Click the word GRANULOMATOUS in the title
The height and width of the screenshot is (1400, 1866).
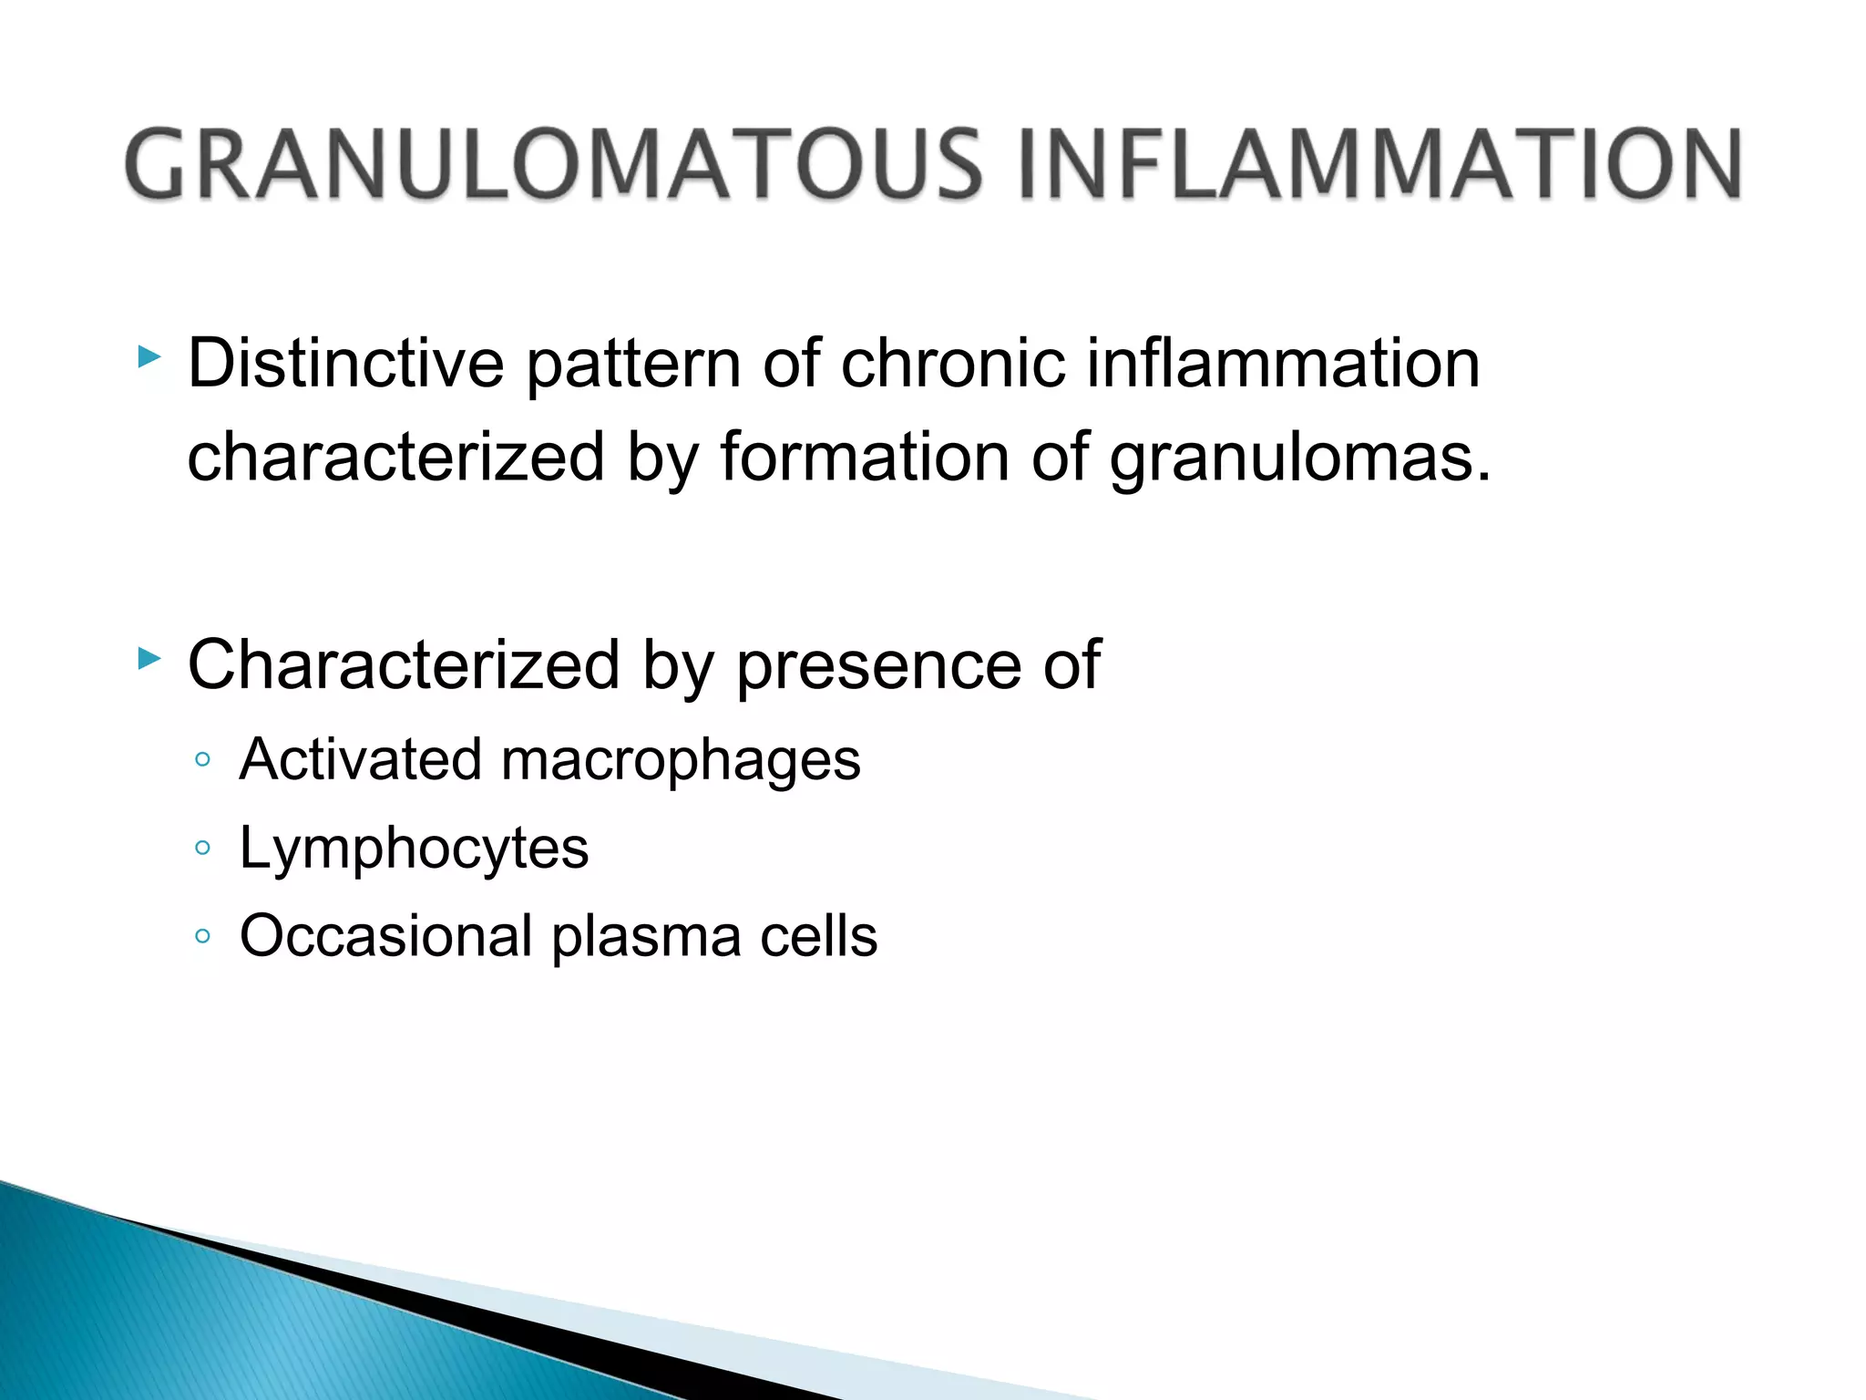point(554,164)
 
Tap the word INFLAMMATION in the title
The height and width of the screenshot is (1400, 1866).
point(1379,164)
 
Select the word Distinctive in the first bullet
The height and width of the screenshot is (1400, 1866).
point(345,364)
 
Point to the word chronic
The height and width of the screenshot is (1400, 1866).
point(952,364)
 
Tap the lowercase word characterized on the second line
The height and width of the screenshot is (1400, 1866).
point(395,457)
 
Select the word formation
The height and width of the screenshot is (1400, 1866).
point(865,457)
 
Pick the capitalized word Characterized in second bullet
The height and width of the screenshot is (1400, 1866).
point(404,665)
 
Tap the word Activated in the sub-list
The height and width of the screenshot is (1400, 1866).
point(360,759)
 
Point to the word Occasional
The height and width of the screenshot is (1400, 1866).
point(386,936)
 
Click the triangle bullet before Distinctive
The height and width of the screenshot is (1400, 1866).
point(149,357)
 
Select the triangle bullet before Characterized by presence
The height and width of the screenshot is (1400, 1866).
point(149,658)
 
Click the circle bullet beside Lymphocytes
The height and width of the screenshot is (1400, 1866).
point(203,849)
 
